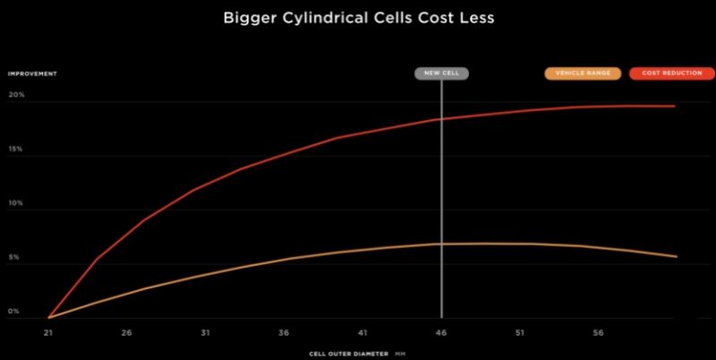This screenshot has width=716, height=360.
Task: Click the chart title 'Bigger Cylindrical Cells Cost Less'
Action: [358, 17]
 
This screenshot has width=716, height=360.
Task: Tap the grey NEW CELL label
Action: [442, 74]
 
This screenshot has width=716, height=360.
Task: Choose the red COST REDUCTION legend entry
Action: [665, 74]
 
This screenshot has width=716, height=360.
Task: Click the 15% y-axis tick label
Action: [15, 151]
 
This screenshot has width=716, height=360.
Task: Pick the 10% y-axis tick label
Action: [15, 205]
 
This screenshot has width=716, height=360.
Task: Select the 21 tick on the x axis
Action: [48, 332]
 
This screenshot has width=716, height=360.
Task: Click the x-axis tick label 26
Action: [127, 332]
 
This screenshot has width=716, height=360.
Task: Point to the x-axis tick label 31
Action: [205, 332]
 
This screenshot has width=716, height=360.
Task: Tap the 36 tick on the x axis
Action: [284, 332]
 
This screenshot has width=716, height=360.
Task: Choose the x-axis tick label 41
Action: [362, 332]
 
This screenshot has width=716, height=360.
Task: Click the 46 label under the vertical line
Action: [441, 332]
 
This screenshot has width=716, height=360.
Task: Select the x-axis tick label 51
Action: [520, 332]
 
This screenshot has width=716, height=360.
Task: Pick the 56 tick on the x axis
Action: [598, 332]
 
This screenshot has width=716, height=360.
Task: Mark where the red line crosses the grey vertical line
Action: [441, 119]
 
